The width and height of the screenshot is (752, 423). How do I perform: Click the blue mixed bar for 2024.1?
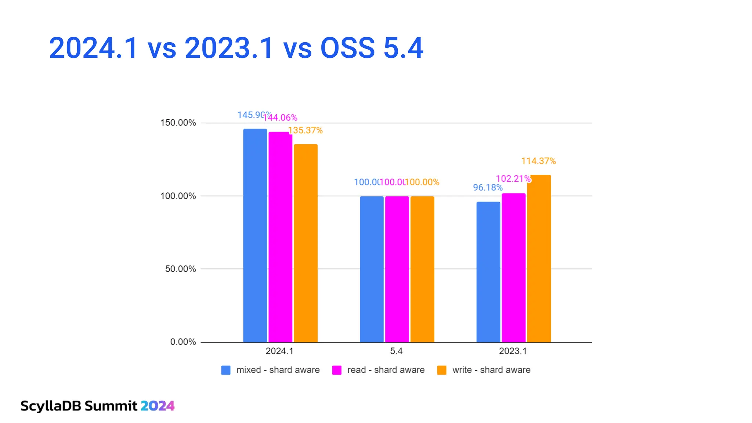(255, 235)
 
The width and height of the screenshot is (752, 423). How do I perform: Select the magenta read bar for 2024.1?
(280, 237)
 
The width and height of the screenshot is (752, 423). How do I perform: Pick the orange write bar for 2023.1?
(539, 258)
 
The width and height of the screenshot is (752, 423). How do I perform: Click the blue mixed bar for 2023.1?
(488, 272)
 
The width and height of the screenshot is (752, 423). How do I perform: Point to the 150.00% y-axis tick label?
(178, 123)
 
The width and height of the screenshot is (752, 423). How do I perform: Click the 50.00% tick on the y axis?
(180, 269)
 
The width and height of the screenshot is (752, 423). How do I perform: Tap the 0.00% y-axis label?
(183, 342)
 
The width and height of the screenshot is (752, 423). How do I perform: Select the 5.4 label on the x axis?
(396, 351)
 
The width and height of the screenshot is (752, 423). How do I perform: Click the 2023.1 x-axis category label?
(513, 351)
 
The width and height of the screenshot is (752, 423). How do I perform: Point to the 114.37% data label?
(538, 161)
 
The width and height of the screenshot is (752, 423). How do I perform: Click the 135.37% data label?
(305, 130)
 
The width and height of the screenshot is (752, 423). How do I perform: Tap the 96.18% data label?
(488, 187)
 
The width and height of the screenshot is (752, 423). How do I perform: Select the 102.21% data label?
(513, 178)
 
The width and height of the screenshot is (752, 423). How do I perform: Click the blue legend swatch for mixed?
(226, 370)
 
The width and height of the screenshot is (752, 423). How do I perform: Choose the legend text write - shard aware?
(491, 370)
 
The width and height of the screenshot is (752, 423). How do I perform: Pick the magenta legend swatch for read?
(337, 370)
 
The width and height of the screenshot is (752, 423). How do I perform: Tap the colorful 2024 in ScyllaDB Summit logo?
(158, 406)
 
